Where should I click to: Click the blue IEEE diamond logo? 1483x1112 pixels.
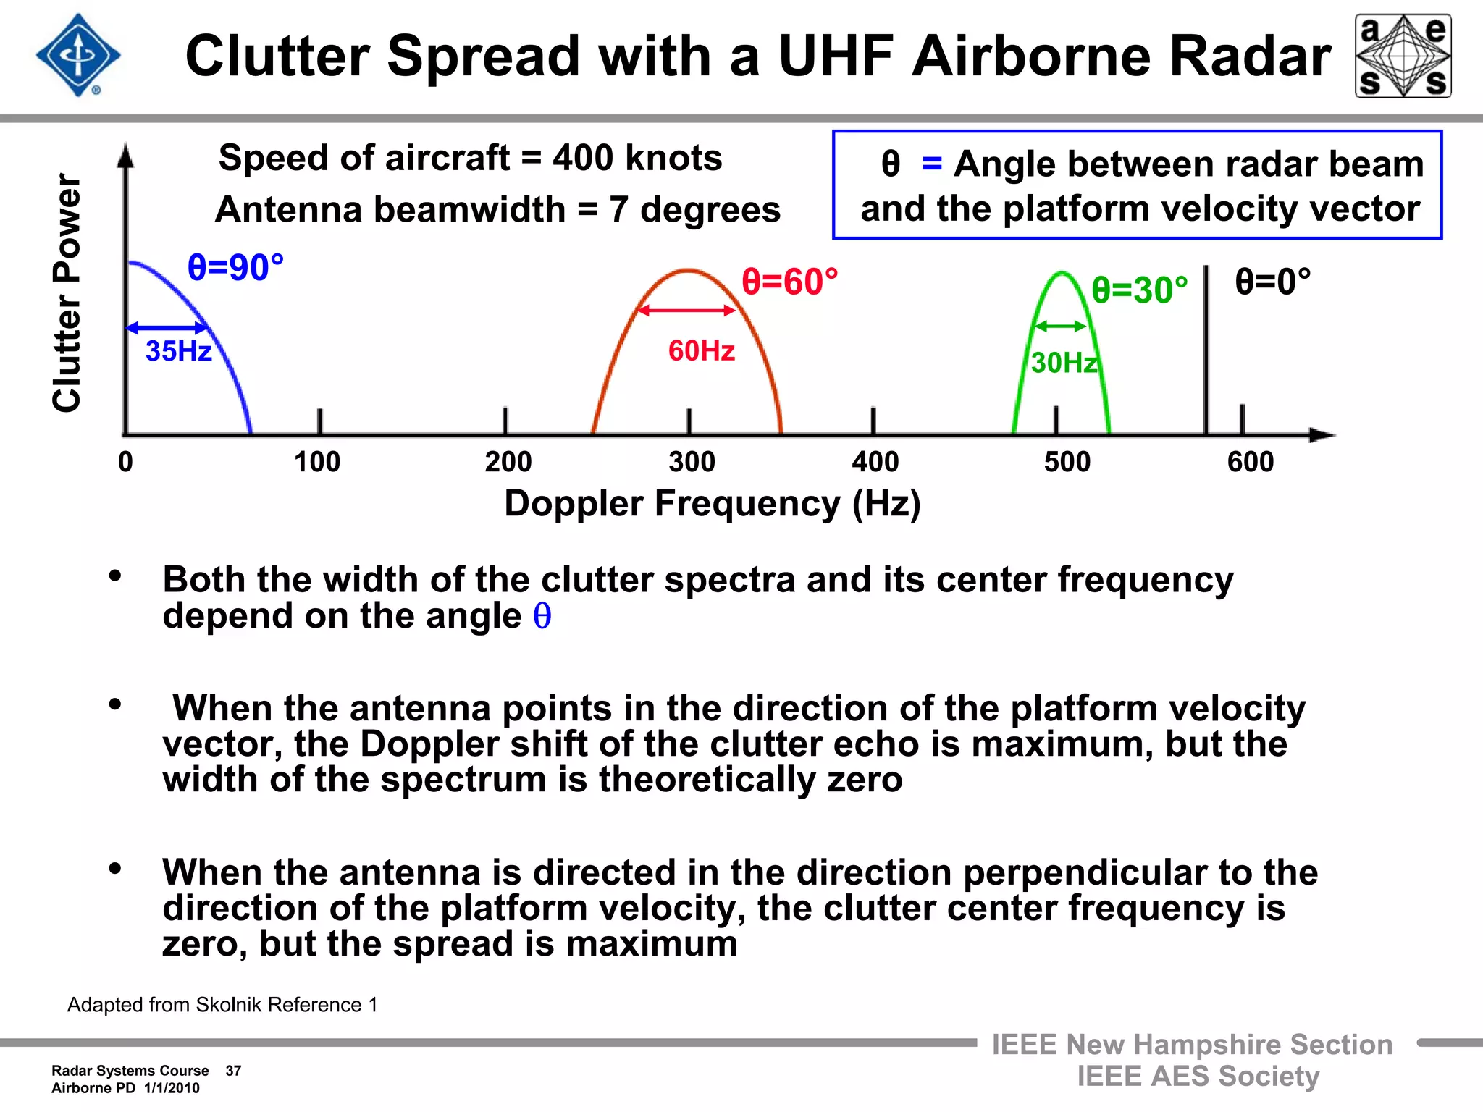pos(78,55)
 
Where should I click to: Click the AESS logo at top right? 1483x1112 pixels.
pos(1403,56)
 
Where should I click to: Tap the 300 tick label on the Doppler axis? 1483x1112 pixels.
pos(692,462)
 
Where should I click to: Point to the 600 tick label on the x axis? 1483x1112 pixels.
pos(1250,462)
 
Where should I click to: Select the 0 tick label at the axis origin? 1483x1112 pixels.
pos(125,462)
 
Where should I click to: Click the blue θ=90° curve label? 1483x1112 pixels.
pos(235,267)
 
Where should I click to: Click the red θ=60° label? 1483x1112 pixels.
pos(789,282)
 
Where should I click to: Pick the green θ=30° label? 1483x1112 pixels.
pos(1139,290)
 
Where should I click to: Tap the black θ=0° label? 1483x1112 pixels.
pos(1272,282)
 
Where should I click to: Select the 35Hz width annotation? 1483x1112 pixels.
pos(178,351)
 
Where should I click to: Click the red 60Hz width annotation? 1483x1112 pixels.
pos(701,351)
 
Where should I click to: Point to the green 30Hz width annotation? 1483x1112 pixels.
pos(1064,363)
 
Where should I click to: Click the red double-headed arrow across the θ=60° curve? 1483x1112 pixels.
pos(686,311)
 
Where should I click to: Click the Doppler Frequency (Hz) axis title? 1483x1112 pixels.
pos(712,503)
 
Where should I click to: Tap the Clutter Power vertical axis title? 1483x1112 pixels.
pos(67,293)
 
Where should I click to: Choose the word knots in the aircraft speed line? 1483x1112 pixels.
pos(673,158)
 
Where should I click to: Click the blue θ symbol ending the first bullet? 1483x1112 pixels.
pos(542,617)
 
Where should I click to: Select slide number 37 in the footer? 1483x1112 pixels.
pos(233,1071)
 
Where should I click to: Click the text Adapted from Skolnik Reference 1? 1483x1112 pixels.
pos(222,1005)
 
